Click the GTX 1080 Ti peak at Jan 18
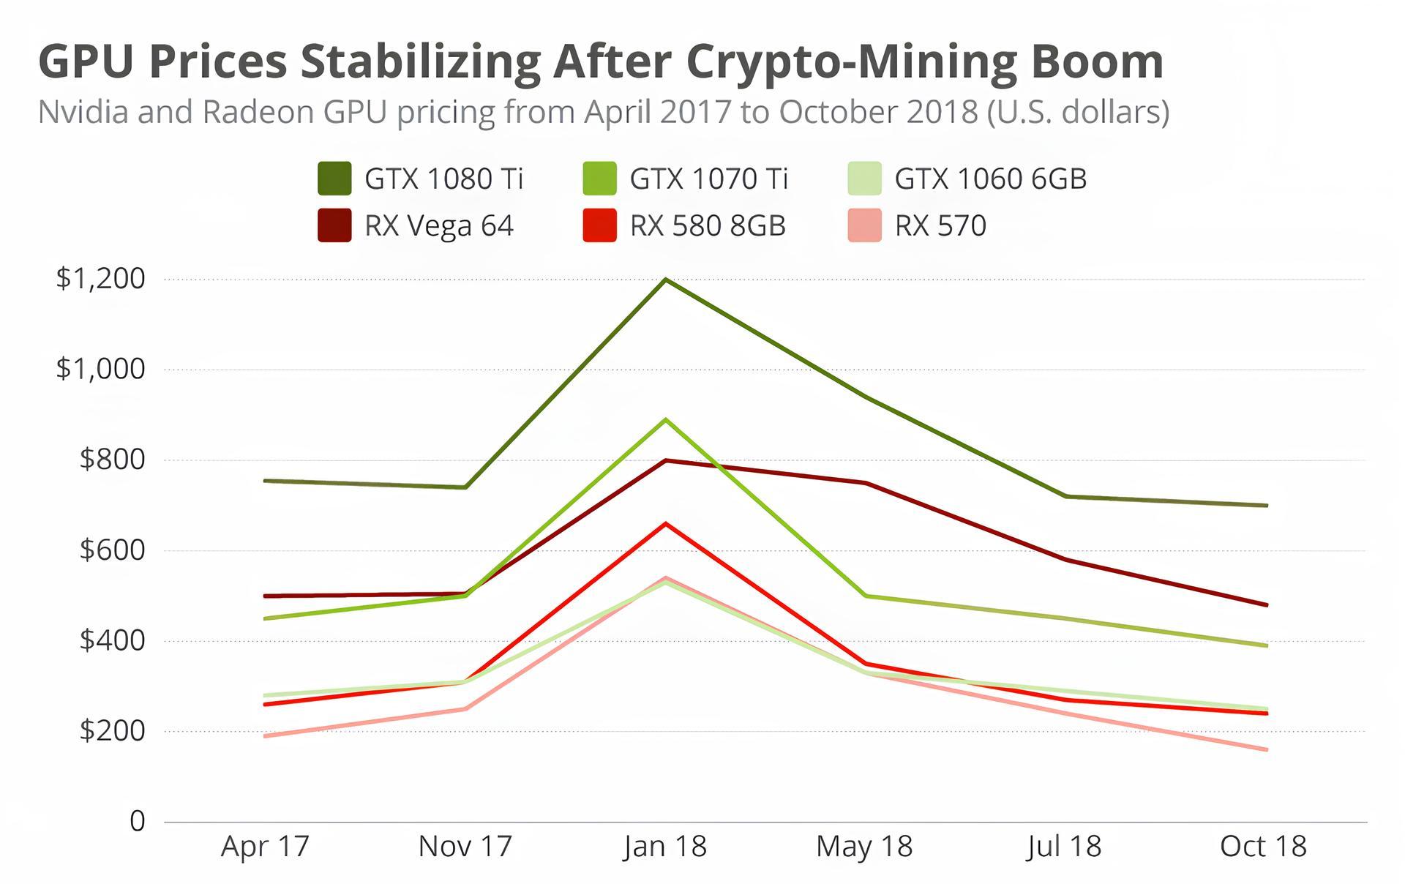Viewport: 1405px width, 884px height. tap(665, 280)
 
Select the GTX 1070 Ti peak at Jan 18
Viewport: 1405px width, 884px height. tap(665, 420)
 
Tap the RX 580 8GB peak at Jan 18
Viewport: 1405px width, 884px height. tap(665, 524)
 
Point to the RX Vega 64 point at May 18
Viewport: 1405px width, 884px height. tap(865, 483)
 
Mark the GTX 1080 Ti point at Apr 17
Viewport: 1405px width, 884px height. tap(266, 481)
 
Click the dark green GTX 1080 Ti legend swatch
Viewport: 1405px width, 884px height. tap(334, 179)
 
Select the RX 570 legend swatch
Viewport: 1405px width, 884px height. tap(864, 225)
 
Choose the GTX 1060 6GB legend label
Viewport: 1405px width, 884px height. tap(990, 179)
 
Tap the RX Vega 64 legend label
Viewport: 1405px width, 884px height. tap(439, 225)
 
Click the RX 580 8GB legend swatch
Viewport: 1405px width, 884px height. tap(599, 225)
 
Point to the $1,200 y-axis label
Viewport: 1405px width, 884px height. tap(100, 279)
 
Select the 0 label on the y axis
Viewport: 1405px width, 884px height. tap(138, 821)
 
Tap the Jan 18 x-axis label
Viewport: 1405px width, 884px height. tap(665, 847)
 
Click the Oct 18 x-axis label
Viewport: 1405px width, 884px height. tap(1263, 847)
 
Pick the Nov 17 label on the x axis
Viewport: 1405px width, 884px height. tap(465, 847)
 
